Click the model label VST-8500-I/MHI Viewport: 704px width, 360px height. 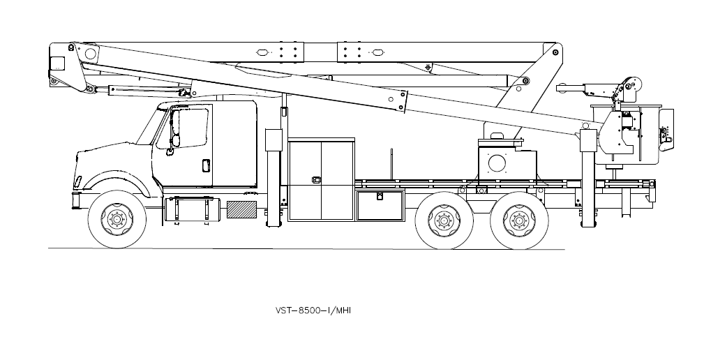pyautogui.click(x=313, y=310)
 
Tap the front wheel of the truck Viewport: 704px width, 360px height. pyautogui.click(x=117, y=219)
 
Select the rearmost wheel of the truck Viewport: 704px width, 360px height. pyautogui.click(x=519, y=220)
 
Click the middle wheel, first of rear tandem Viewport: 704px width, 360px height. pyautogui.click(x=444, y=220)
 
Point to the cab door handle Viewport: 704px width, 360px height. pyautogui.click(x=206, y=165)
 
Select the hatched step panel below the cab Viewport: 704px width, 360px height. pyautogui.click(x=241, y=209)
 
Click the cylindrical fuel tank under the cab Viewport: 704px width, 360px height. pyautogui.click(x=192, y=209)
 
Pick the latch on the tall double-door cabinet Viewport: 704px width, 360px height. pyautogui.click(x=316, y=180)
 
